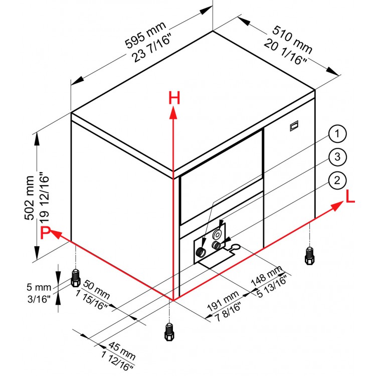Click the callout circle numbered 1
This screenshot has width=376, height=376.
coord(337,134)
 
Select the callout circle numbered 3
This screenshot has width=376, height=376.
coord(337,157)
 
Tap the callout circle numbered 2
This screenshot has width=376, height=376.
coord(337,180)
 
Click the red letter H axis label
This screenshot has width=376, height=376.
coord(174,98)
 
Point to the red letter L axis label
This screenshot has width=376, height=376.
coord(350,197)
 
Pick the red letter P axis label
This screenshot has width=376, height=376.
coord(45,232)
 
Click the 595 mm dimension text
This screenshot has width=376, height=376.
coord(145,35)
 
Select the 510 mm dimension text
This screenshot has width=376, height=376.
coord(292,40)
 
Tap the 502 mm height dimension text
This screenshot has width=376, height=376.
coord(30,198)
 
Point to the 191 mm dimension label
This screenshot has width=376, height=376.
coord(223,301)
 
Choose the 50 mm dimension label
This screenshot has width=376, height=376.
coord(96,289)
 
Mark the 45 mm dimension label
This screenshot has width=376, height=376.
coord(122,351)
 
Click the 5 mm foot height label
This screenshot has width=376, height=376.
coord(39,287)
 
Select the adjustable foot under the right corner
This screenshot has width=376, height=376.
coord(310,256)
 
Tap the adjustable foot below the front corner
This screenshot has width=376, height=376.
coord(169,332)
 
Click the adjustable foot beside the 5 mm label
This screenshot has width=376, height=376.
coord(76,278)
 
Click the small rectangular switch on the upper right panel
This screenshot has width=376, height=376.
coord(294,126)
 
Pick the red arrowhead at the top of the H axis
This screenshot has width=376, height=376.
coord(173,113)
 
